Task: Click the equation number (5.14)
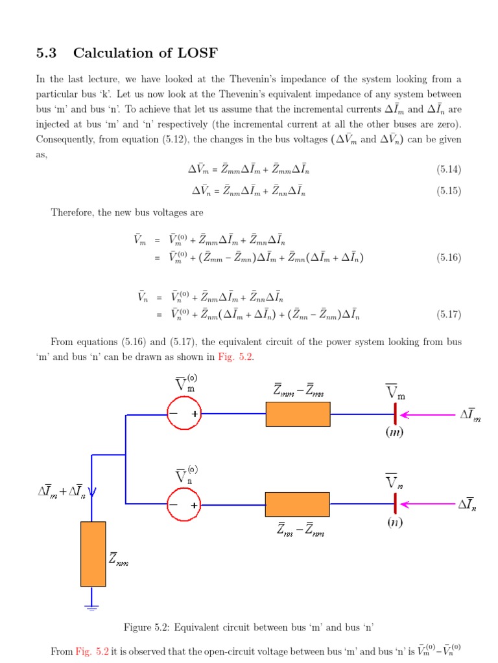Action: (448, 170)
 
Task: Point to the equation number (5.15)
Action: (448, 191)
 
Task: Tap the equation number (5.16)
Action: (448, 258)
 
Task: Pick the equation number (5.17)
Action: (448, 315)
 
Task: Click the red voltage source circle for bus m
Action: (184, 413)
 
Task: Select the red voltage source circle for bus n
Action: (184, 504)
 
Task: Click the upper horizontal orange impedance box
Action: (298, 414)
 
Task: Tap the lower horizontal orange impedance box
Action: (298, 504)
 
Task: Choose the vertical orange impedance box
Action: (93, 554)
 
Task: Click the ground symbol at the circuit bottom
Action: (92, 607)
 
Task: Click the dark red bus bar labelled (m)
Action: (394, 414)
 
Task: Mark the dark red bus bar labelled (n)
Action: (394, 504)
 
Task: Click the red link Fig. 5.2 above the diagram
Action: (236, 357)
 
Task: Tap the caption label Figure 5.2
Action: (150, 627)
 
